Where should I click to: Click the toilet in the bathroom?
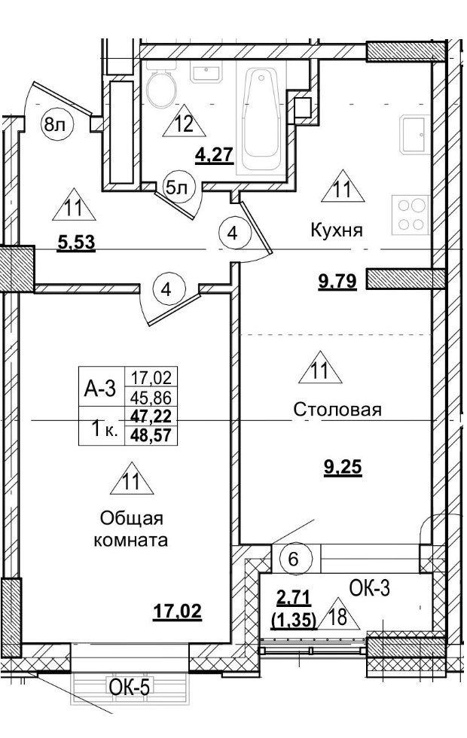coord(160,89)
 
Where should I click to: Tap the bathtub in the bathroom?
coord(260,120)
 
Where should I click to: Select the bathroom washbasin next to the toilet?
coord(204,73)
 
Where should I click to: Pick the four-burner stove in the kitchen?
coord(413,214)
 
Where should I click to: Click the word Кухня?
coord(336,231)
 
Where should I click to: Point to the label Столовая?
coord(337,410)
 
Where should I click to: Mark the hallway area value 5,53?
coord(78,243)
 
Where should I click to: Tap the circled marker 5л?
coord(177,188)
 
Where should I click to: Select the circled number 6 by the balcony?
coord(294,560)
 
